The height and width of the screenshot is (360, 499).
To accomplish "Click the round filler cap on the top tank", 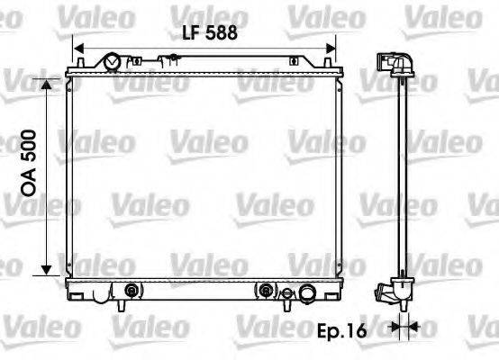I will pos(113,62).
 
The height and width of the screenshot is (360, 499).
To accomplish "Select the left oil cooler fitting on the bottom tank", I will pos(132,291).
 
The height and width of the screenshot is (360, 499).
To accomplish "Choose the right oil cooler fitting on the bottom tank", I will pos(267,291).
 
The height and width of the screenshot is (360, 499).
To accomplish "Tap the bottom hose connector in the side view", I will pos(392,292).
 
